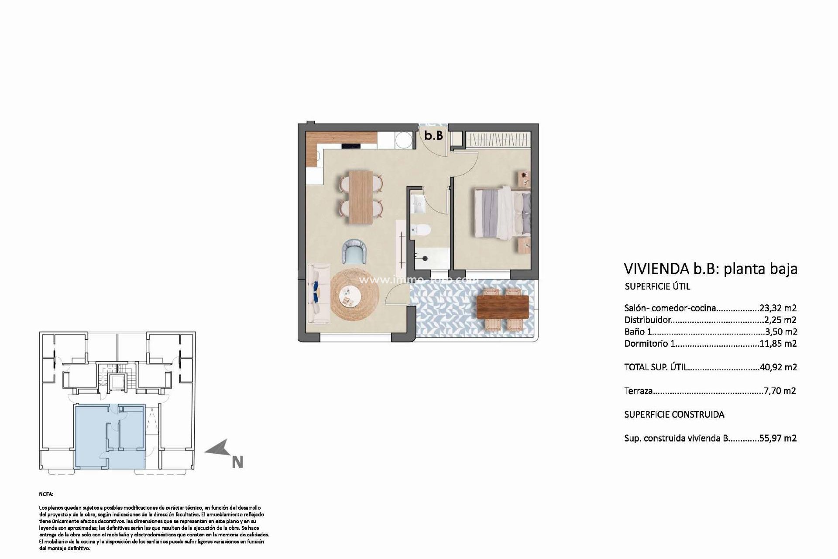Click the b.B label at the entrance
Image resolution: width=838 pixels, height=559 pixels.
(433, 135)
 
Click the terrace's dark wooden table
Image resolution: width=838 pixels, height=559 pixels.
(502, 307)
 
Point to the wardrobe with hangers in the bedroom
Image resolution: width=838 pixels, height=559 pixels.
(498, 140)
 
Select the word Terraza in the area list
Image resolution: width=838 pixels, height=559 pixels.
(638, 391)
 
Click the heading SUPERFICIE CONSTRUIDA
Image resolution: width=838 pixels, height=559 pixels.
(674, 414)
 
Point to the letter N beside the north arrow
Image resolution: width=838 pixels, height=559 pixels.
(237, 462)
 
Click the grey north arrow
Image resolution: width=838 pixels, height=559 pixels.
(218, 449)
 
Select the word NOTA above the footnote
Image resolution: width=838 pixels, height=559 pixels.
(46, 494)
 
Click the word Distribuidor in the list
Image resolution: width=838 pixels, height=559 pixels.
(647, 320)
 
